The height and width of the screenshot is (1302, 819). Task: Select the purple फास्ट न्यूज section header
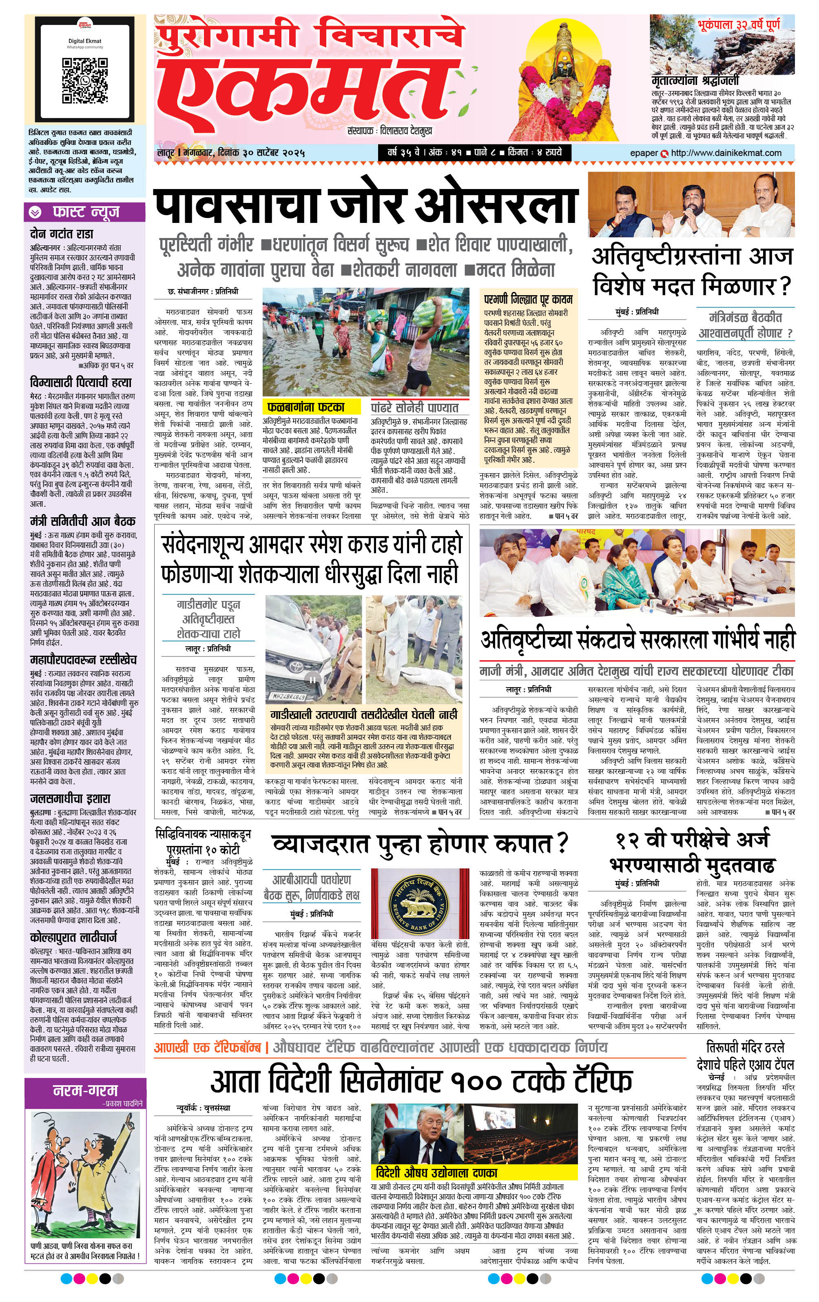tap(85, 212)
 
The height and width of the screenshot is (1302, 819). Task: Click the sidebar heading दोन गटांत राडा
tap(62, 234)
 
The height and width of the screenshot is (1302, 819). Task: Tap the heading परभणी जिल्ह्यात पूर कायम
tap(528, 299)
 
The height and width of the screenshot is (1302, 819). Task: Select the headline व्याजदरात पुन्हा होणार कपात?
tap(420, 844)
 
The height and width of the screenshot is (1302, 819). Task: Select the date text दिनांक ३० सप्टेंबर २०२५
tap(263, 153)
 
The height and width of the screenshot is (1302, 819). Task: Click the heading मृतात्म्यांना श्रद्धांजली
tap(695, 80)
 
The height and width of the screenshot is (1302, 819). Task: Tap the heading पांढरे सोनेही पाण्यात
tap(414, 407)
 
